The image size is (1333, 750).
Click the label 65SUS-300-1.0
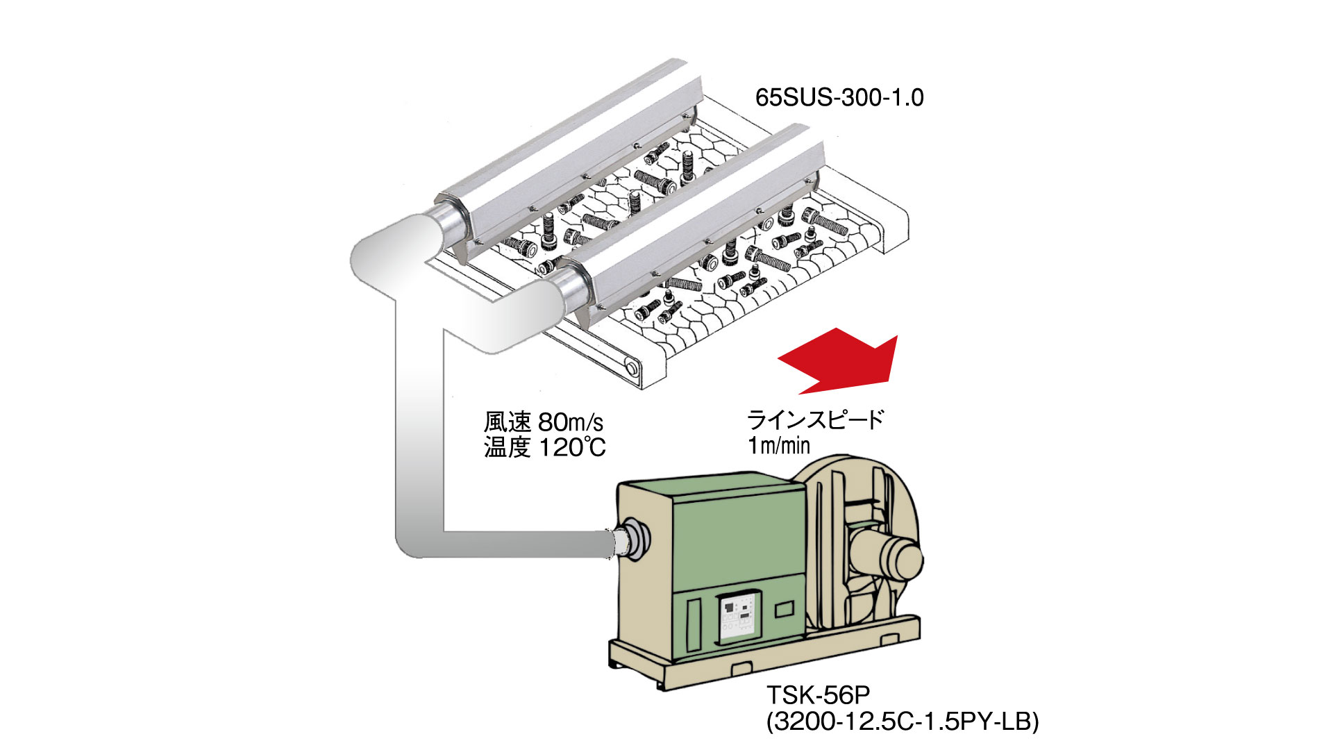839,98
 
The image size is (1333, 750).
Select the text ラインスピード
815,420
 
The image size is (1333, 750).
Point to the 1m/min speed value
779,445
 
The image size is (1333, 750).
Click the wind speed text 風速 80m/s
544,422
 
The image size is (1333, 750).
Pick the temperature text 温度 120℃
545,448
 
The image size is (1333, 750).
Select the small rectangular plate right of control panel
785,610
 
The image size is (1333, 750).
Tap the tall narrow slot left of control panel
694,624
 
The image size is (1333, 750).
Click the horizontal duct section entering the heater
528,544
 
